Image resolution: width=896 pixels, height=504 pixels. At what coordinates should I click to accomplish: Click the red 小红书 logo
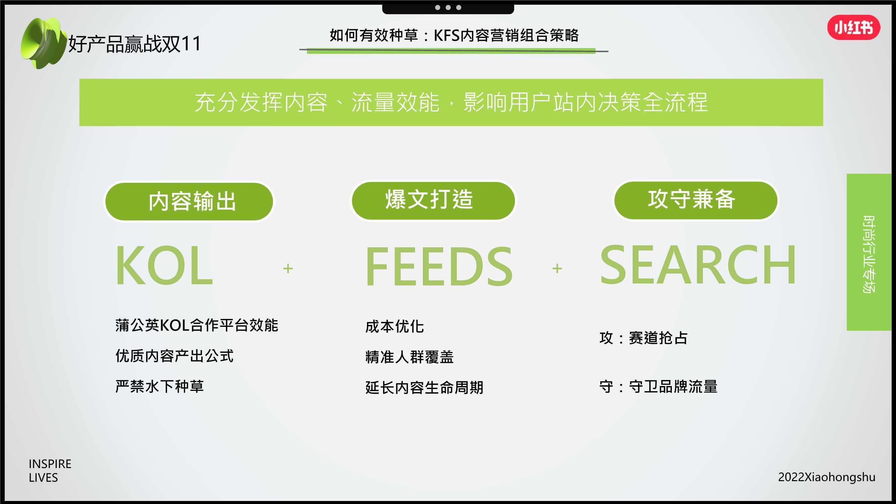click(854, 28)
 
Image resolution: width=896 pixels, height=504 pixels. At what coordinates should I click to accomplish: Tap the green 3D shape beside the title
click(43, 43)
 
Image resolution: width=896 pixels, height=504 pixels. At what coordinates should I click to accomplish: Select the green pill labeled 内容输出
click(189, 201)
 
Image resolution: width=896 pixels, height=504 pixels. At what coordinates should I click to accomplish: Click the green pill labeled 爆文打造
click(433, 200)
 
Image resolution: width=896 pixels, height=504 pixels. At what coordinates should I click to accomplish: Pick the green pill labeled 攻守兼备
click(696, 200)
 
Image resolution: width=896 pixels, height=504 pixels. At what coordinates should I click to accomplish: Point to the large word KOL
click(164, 265)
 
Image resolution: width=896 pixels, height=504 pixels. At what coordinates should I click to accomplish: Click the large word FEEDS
click(439, 266)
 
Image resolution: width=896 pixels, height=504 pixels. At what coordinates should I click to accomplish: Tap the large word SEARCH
click(698, 265)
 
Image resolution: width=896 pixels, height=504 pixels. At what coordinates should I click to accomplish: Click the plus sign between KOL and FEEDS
click(288, 268)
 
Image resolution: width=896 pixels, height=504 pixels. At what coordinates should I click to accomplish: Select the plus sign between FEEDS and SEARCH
click(557, 268)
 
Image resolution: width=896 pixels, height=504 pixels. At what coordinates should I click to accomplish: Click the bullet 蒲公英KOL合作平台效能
click(197, 326)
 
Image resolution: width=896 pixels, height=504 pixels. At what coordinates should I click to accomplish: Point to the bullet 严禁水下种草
click(160, 386)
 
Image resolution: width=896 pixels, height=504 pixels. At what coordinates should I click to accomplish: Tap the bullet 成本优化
click(395, 327)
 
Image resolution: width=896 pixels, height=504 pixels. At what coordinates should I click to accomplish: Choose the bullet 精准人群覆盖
click(410, 357)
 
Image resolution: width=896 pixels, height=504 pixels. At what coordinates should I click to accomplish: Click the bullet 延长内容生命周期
click(424, 387)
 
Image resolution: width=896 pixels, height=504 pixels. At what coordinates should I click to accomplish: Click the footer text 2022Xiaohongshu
click(827, 477)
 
